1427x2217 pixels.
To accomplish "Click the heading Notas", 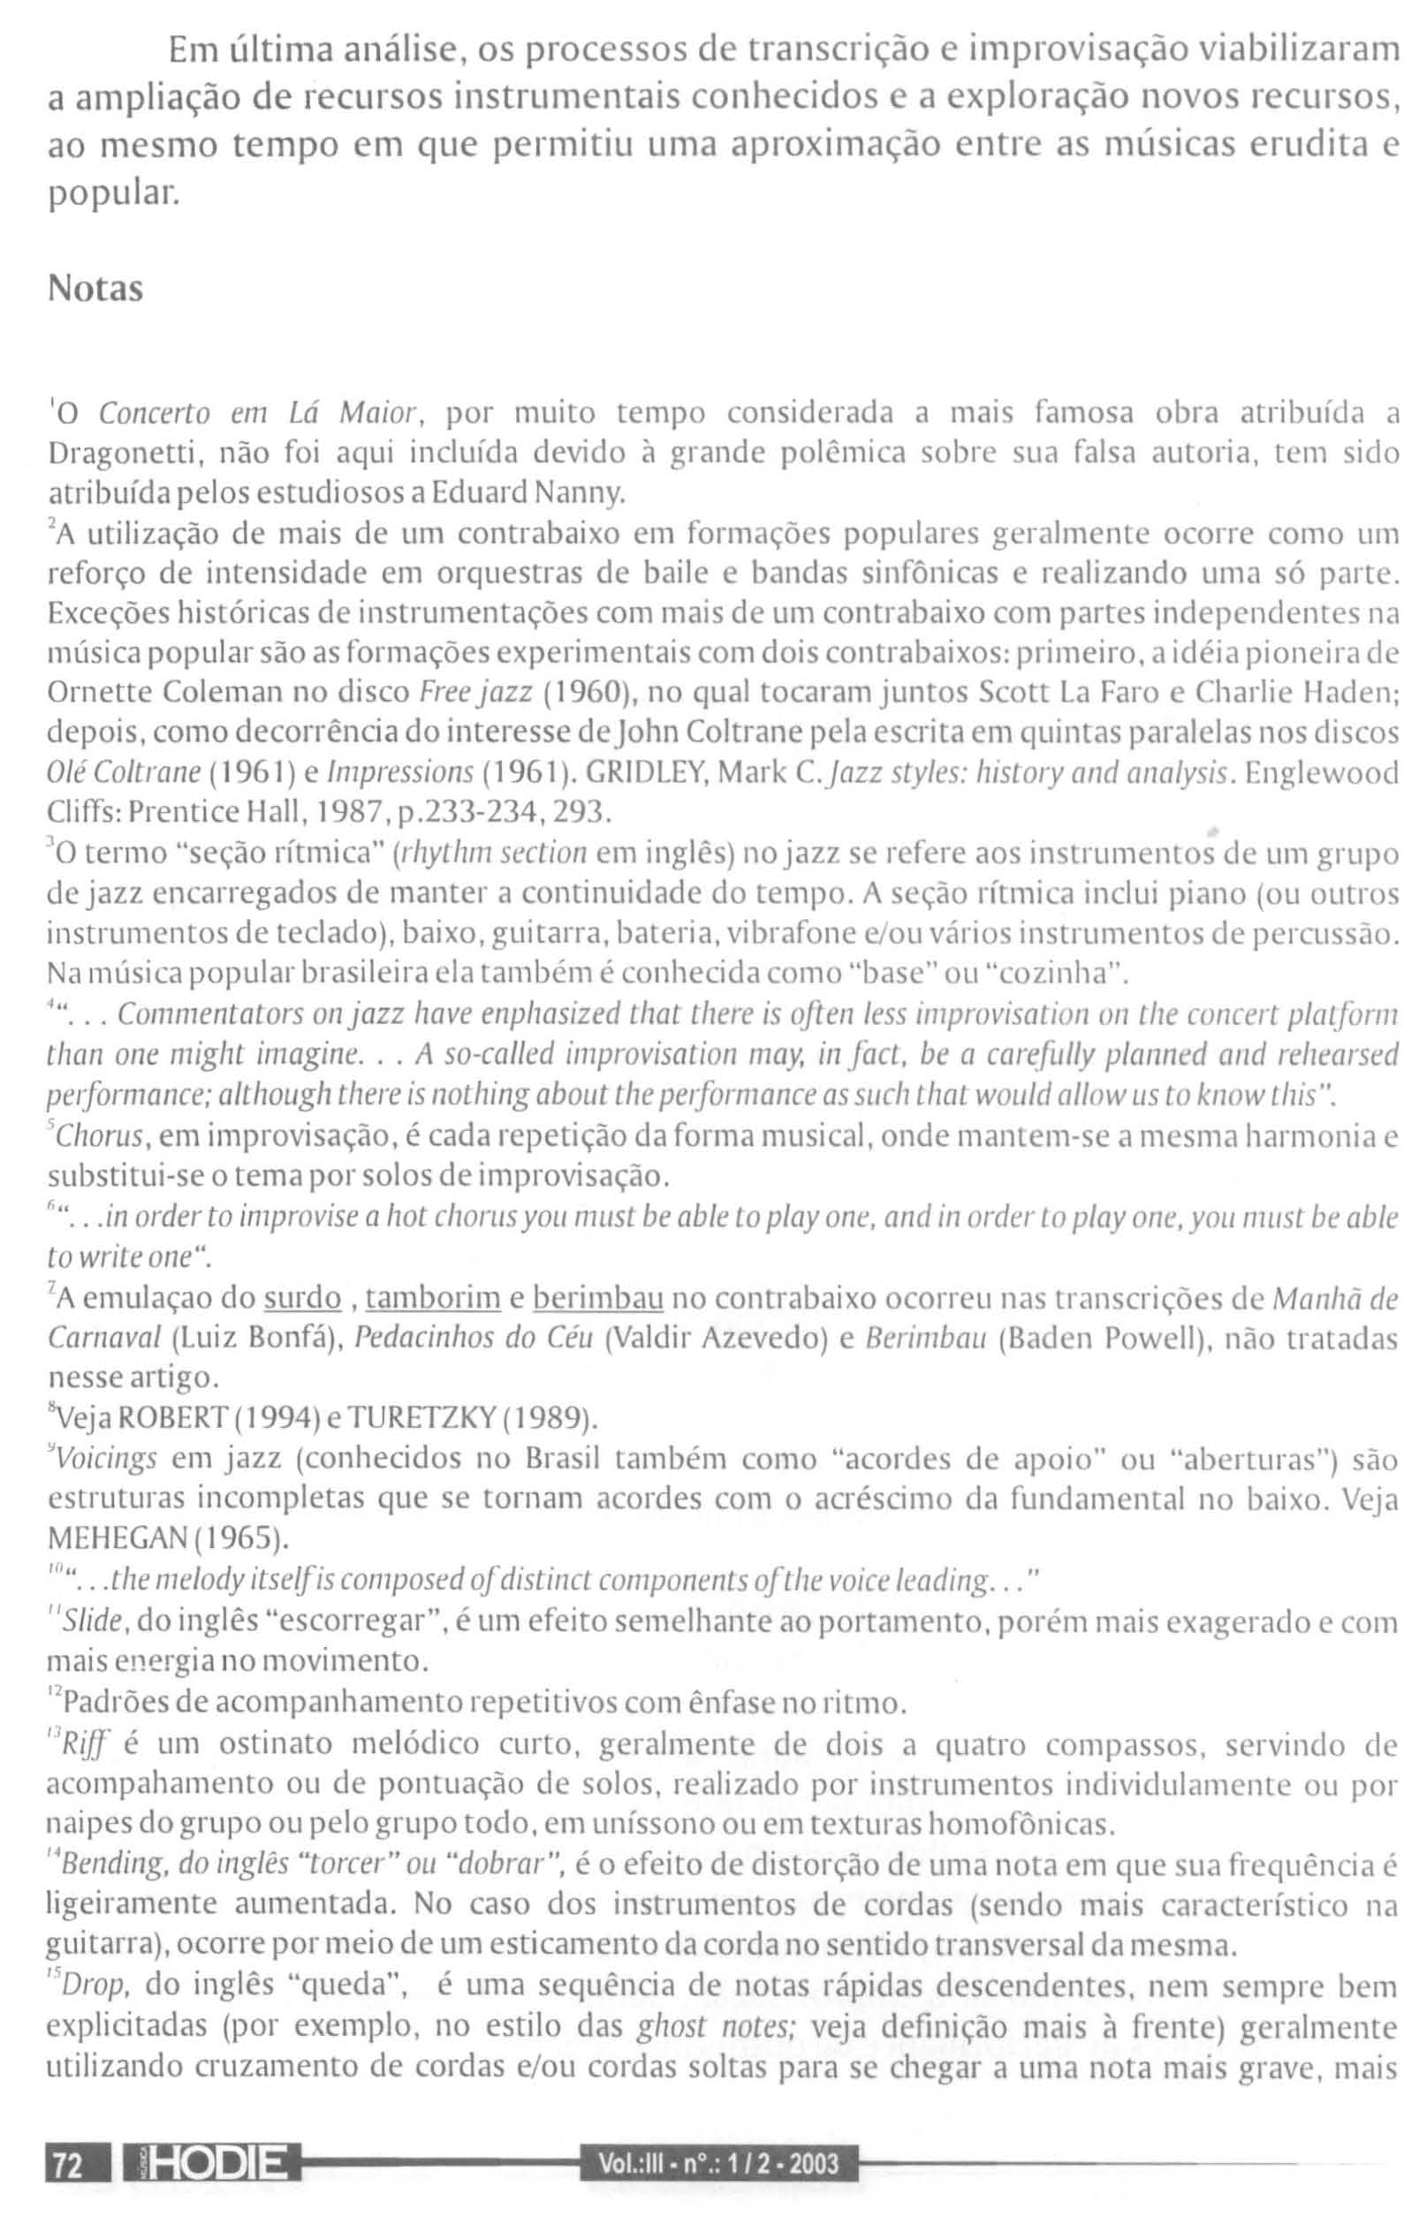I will (95, 290).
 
